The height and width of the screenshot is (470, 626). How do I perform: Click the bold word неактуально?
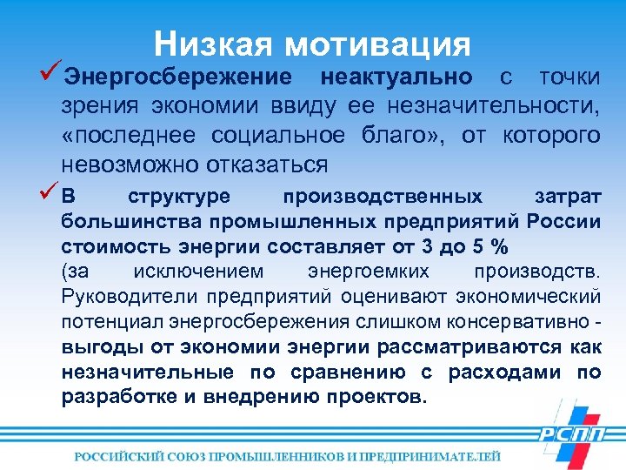396,77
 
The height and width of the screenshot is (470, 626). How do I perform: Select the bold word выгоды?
91,347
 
